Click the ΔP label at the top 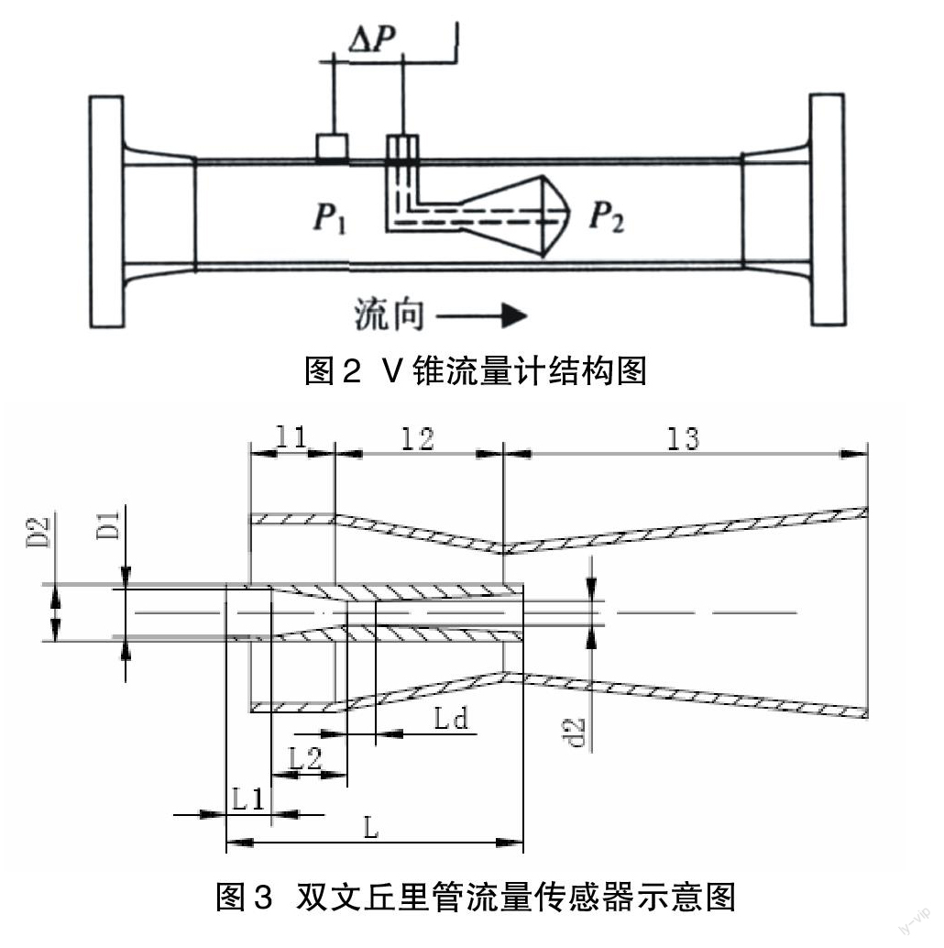(x=374, y=38)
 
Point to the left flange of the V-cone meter (x=106, y=211)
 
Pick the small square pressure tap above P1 (x=331, y=147)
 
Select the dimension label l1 (x=291, y=438)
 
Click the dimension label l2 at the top (x=417, y=438)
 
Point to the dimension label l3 (x=684, y=438)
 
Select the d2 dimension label (x=578, y=731)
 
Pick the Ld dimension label (x=452, y=719)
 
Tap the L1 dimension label (x=247, y=799)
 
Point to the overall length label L (x=371, y=828)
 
